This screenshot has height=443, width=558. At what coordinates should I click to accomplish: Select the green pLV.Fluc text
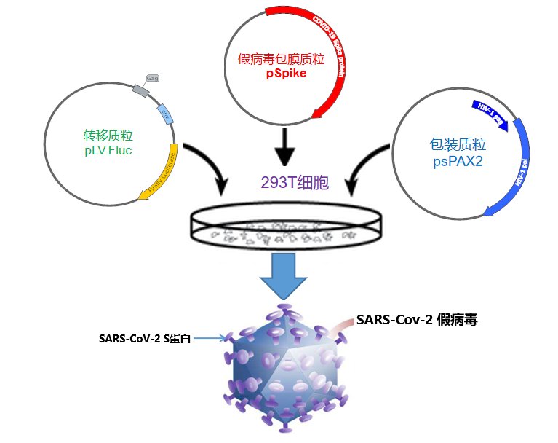[108, 151]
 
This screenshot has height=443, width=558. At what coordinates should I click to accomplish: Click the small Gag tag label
[153, 77]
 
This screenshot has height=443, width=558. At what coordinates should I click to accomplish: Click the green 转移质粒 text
[108, 136]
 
